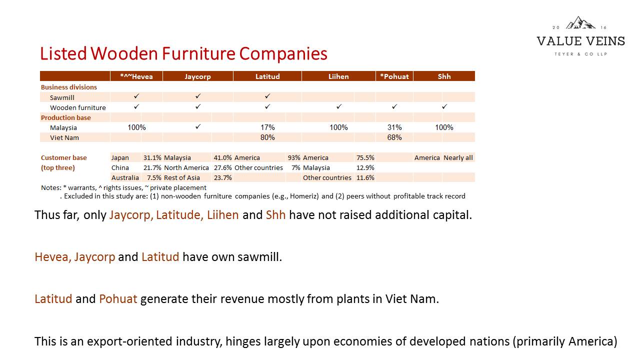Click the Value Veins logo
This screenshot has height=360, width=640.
click(x=580, y=36)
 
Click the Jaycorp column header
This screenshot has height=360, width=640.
click(x=197, y=76)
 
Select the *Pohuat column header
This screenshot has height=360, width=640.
click(x=394, y=76)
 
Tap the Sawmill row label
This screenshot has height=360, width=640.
click(x=62, y=97)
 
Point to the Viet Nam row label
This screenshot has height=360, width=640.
click(x=64, y=137)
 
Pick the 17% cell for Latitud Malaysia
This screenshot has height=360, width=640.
click(x=267, y=127)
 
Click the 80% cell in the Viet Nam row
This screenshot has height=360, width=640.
click(x=267, y=137)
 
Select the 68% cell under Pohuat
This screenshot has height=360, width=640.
click(x=394, y=137)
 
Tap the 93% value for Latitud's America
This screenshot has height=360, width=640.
click(x=294, y=157)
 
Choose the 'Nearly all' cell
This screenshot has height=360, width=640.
click(x=458, y=157)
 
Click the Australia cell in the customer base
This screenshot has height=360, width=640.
click(x=125, y=177)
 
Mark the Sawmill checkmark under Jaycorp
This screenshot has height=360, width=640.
click(x=198, y=96)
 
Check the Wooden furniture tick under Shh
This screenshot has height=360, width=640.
click(x=444, y=106)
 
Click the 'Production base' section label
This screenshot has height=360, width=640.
click(x=65, y=117)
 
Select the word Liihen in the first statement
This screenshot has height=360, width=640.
click(x=223, y=215)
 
